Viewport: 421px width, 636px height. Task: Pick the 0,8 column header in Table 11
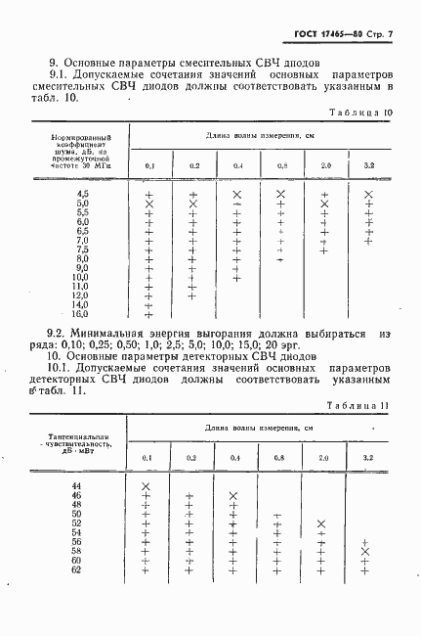coord(278,458)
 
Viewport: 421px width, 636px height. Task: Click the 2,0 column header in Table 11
coord(323,458)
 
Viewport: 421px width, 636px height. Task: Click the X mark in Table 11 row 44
coord(146,486)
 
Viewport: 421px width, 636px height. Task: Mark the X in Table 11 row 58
coord(364,552)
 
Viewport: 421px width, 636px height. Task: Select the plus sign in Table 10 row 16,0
coord(148,314)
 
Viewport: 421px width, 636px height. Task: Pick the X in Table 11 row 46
coord(232,496)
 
